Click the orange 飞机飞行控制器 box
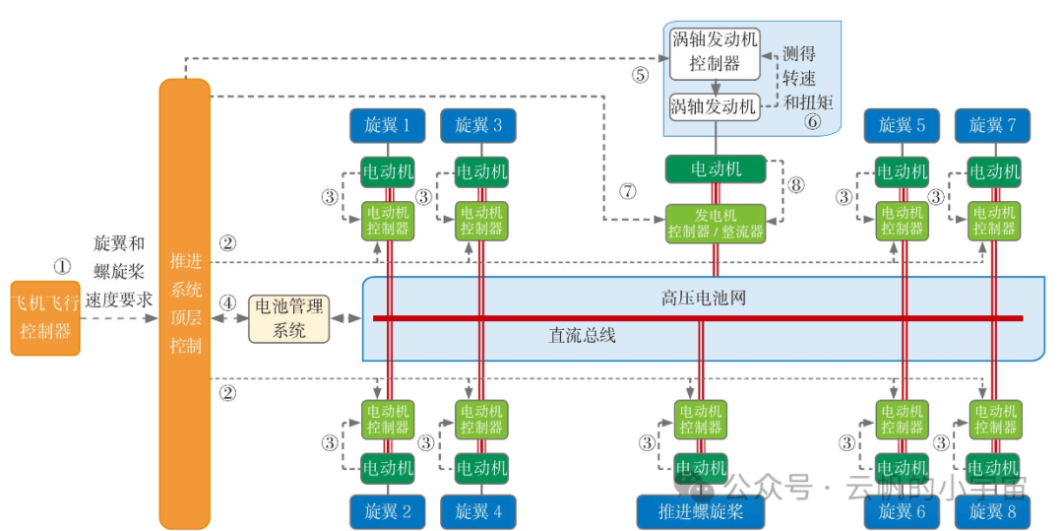coord(44,318)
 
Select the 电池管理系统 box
coord(288,318)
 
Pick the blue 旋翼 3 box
coord(478,125)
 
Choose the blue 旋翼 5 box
coord(902,125)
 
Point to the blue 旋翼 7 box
coord(993,125)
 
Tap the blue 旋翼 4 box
coord(478,511)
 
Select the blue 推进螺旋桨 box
coord(701,511)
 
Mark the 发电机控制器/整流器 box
coord(716,223)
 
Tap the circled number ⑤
coord(641,74)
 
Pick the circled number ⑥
coord(812,122)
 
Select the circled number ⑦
coord(628,191)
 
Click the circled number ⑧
coord(795,184)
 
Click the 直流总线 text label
coord(582,336)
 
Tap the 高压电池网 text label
coord(703,298)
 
